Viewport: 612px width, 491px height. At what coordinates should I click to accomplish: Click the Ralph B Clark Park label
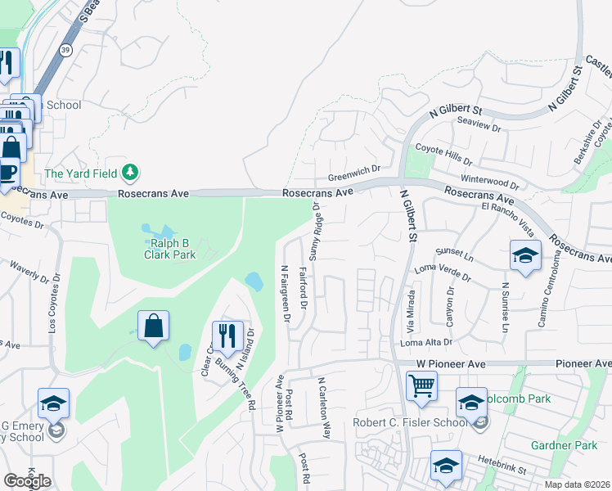pos(172,249)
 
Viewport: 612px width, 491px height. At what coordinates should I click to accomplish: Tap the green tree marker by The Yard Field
pos(129,173)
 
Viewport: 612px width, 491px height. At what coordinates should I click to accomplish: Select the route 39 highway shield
pos(64,51)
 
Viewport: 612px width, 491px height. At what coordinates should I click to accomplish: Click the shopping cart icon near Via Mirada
pos(421,385)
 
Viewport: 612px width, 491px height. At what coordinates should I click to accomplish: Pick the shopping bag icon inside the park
pos(153,325)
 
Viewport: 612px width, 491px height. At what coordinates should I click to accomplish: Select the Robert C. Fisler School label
pos(410,423)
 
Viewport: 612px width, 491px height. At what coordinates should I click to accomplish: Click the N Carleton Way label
pos(324,407)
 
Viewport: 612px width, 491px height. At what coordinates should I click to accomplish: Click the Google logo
pos(27,480)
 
